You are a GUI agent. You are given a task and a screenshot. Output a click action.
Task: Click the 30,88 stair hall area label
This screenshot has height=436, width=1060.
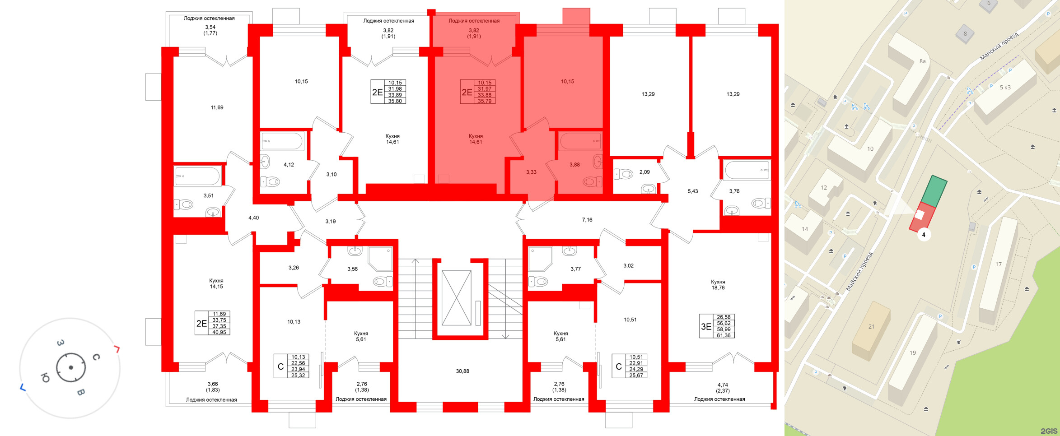pyautogui.click(x=462, y=371)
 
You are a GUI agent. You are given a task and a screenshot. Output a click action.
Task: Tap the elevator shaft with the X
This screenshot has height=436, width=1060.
pyautogui.click(x=456, y=298)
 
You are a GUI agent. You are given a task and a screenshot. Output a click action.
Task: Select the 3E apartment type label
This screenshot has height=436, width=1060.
pyautogui.click(x=706, y=326)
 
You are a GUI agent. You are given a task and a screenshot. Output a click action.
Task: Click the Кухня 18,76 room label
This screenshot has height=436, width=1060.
pyautogui.click(x=718, y=285)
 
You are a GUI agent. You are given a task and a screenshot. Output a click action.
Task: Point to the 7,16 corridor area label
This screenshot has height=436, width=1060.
pyautogui.click(x=587, y=220)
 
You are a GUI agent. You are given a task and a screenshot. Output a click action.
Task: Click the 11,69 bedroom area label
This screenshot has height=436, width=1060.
pyautogui.click(x=217, y=107)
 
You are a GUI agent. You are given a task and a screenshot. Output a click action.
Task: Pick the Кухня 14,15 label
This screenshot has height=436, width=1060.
pyautogui.click(x=216, y=283)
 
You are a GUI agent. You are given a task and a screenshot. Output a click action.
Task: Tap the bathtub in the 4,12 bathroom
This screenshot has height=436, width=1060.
pyautogui.click(x=282, y=141)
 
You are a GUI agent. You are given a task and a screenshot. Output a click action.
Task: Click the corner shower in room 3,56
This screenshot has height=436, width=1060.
pyautogui.click(x=380, y=259)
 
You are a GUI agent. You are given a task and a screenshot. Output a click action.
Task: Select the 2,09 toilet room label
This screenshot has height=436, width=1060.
pyautogui.click(x=644, y=172)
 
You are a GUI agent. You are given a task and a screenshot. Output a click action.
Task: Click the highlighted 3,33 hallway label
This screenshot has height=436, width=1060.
pyautogui.click(x=531, y=172)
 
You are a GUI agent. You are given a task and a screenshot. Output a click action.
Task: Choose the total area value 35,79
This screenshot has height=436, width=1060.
pyautogui.click(x=485, y=101)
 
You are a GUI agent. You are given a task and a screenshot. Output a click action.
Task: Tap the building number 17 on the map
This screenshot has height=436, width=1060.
pyautogui.click(x=999, y=264)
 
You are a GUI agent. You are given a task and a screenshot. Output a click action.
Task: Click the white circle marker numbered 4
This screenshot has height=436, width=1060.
pyautogui.click(x=924, y=235)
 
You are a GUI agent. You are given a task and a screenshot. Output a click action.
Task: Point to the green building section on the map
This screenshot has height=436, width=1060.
pyautogui.click(x=934, y=191)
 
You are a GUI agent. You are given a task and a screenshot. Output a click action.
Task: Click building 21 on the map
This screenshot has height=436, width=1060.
pyautogui.click(x=871, y=330)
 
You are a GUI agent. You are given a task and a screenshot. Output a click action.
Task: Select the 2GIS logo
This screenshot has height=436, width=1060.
pyautogui.click(x=1049, y=431)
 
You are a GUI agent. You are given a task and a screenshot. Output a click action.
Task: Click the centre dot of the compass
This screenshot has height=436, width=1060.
pyautogui.click(x=71, y=368)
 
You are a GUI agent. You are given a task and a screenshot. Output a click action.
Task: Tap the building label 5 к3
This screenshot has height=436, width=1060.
pyautogui.click(x=1005, y=88)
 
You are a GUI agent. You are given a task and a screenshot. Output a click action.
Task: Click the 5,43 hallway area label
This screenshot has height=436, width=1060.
pyautogui.click(x=693, y=191)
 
